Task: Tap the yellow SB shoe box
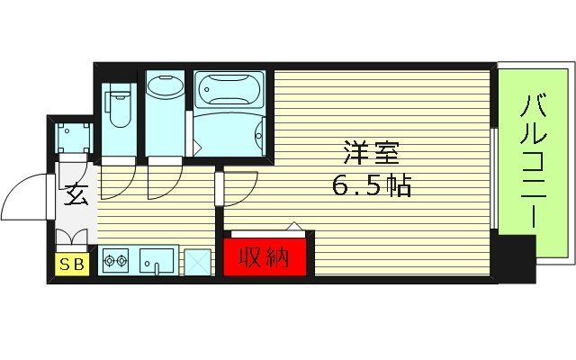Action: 69,264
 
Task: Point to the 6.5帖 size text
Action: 370,187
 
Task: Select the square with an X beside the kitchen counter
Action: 194,262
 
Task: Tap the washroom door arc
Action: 162,180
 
